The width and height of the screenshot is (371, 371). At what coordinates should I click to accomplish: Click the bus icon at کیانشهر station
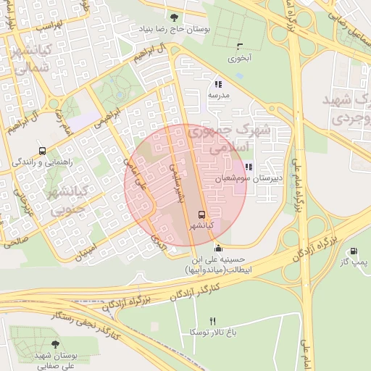pyautogui.click(x=201, y=214)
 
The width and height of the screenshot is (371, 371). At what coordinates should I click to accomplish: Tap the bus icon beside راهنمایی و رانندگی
pyautogui.click(x=43, y=151)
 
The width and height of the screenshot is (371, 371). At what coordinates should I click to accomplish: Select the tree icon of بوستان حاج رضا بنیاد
pyautogui.click(x=172, y=17)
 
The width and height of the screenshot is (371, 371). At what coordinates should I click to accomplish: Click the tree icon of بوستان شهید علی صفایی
pyautogui.click(x=56, y=344)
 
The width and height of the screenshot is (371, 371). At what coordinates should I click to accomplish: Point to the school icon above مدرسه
pyautogui.click(x=218, y=84)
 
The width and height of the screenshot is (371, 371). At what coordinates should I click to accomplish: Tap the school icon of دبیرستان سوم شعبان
pyautogui.click(x=249, y=167)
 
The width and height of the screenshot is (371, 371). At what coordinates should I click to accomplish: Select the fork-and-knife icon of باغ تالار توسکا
pyautogui.click(x=212, y=321)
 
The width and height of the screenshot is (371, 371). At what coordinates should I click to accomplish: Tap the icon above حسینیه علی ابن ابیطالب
pyautogui.click(x=219, y=249)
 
